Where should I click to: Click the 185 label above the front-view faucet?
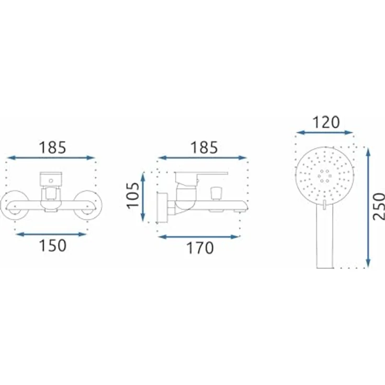52,148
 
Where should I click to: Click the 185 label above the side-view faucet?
204,148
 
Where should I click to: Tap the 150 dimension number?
53,245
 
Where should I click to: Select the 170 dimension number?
200,248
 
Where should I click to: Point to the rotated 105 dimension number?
133,196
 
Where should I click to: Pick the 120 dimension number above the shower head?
326,122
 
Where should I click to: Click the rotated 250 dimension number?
379,207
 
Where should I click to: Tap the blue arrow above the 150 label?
51,234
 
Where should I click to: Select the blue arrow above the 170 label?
199,237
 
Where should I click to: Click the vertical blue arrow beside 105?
143,197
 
